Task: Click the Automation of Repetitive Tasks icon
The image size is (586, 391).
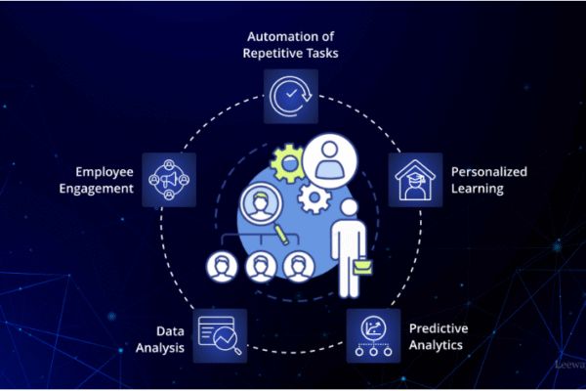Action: click(291, 96)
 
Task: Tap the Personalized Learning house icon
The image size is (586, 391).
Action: click(415, 180)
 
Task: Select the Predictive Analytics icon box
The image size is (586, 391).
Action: click(373, 335)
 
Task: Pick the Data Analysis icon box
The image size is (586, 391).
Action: click(220, 335)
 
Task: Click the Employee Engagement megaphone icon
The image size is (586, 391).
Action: click(169, 180)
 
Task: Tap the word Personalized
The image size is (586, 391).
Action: click(489, 172)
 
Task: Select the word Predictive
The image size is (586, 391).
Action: click(439, 328)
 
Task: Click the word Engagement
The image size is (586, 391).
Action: click(96, 189)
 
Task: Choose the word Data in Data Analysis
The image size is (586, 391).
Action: click(170, 331)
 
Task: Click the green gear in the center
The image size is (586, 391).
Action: click(288, 163)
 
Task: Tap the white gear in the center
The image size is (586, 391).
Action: click(314, 197)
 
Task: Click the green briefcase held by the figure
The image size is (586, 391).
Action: click(362, 266)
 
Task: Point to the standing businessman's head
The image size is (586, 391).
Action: click(349, 207)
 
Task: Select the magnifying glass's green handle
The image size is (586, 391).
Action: click(282, 235)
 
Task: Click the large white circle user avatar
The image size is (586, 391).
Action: click(330, 160)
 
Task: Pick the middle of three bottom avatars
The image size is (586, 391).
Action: click(261, 267)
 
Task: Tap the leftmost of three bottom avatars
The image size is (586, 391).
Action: click(222, 267)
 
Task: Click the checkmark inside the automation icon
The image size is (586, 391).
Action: click(291, 93)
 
